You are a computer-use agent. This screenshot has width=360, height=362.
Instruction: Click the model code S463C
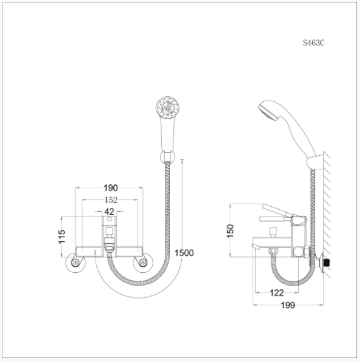click(x=313, y=43)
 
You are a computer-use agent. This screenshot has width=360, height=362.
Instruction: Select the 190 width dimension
click(x=110, y=188)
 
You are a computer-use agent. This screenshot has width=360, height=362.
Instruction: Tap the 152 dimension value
click(x=110, y=200)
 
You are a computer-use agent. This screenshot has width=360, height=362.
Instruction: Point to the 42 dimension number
click(x=109, y=212)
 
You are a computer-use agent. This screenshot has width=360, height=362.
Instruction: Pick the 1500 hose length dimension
click(x=184, y=253)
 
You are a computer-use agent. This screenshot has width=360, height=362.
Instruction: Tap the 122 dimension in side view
click(x=276, y=293)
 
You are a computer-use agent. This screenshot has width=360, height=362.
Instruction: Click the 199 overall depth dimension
click(x=288, y=305)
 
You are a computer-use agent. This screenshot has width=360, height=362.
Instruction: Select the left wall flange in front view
click(x=76, y=263)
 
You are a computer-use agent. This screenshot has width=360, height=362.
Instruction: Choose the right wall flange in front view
click(x=143, y=263)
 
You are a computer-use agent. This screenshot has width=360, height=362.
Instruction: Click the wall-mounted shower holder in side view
click(x=313, y=162)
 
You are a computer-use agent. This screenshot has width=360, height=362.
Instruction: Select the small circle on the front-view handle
click(x=110, y=231)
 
